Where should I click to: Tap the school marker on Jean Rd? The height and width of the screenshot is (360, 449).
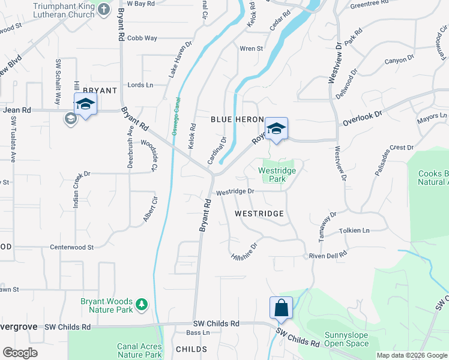[85, 104]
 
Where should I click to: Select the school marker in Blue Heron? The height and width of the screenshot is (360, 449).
[276, 128]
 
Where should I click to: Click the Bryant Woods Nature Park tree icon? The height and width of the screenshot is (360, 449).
[142, 305]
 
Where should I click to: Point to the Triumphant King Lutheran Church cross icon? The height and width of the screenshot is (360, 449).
[104, 9]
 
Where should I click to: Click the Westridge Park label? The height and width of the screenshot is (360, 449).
[277, 175]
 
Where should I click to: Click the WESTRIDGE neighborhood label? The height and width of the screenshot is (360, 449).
[259, 213]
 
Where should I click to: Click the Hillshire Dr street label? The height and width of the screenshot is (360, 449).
[244, 251]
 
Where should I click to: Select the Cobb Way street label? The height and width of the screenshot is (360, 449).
[142, 38]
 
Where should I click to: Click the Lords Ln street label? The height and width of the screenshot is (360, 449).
[140, 85]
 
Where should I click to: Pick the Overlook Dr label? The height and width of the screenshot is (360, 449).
[362, 118]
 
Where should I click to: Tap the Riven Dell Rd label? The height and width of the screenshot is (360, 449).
[328, 255]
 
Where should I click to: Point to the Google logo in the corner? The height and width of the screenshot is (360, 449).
[20, 353]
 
